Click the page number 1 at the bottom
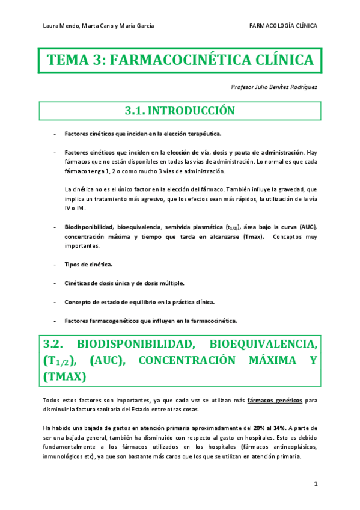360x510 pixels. click(x=315, y=484)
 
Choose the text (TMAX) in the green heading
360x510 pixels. click(x=65, y=376)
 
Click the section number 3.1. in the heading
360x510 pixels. click(x=133, y=111)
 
